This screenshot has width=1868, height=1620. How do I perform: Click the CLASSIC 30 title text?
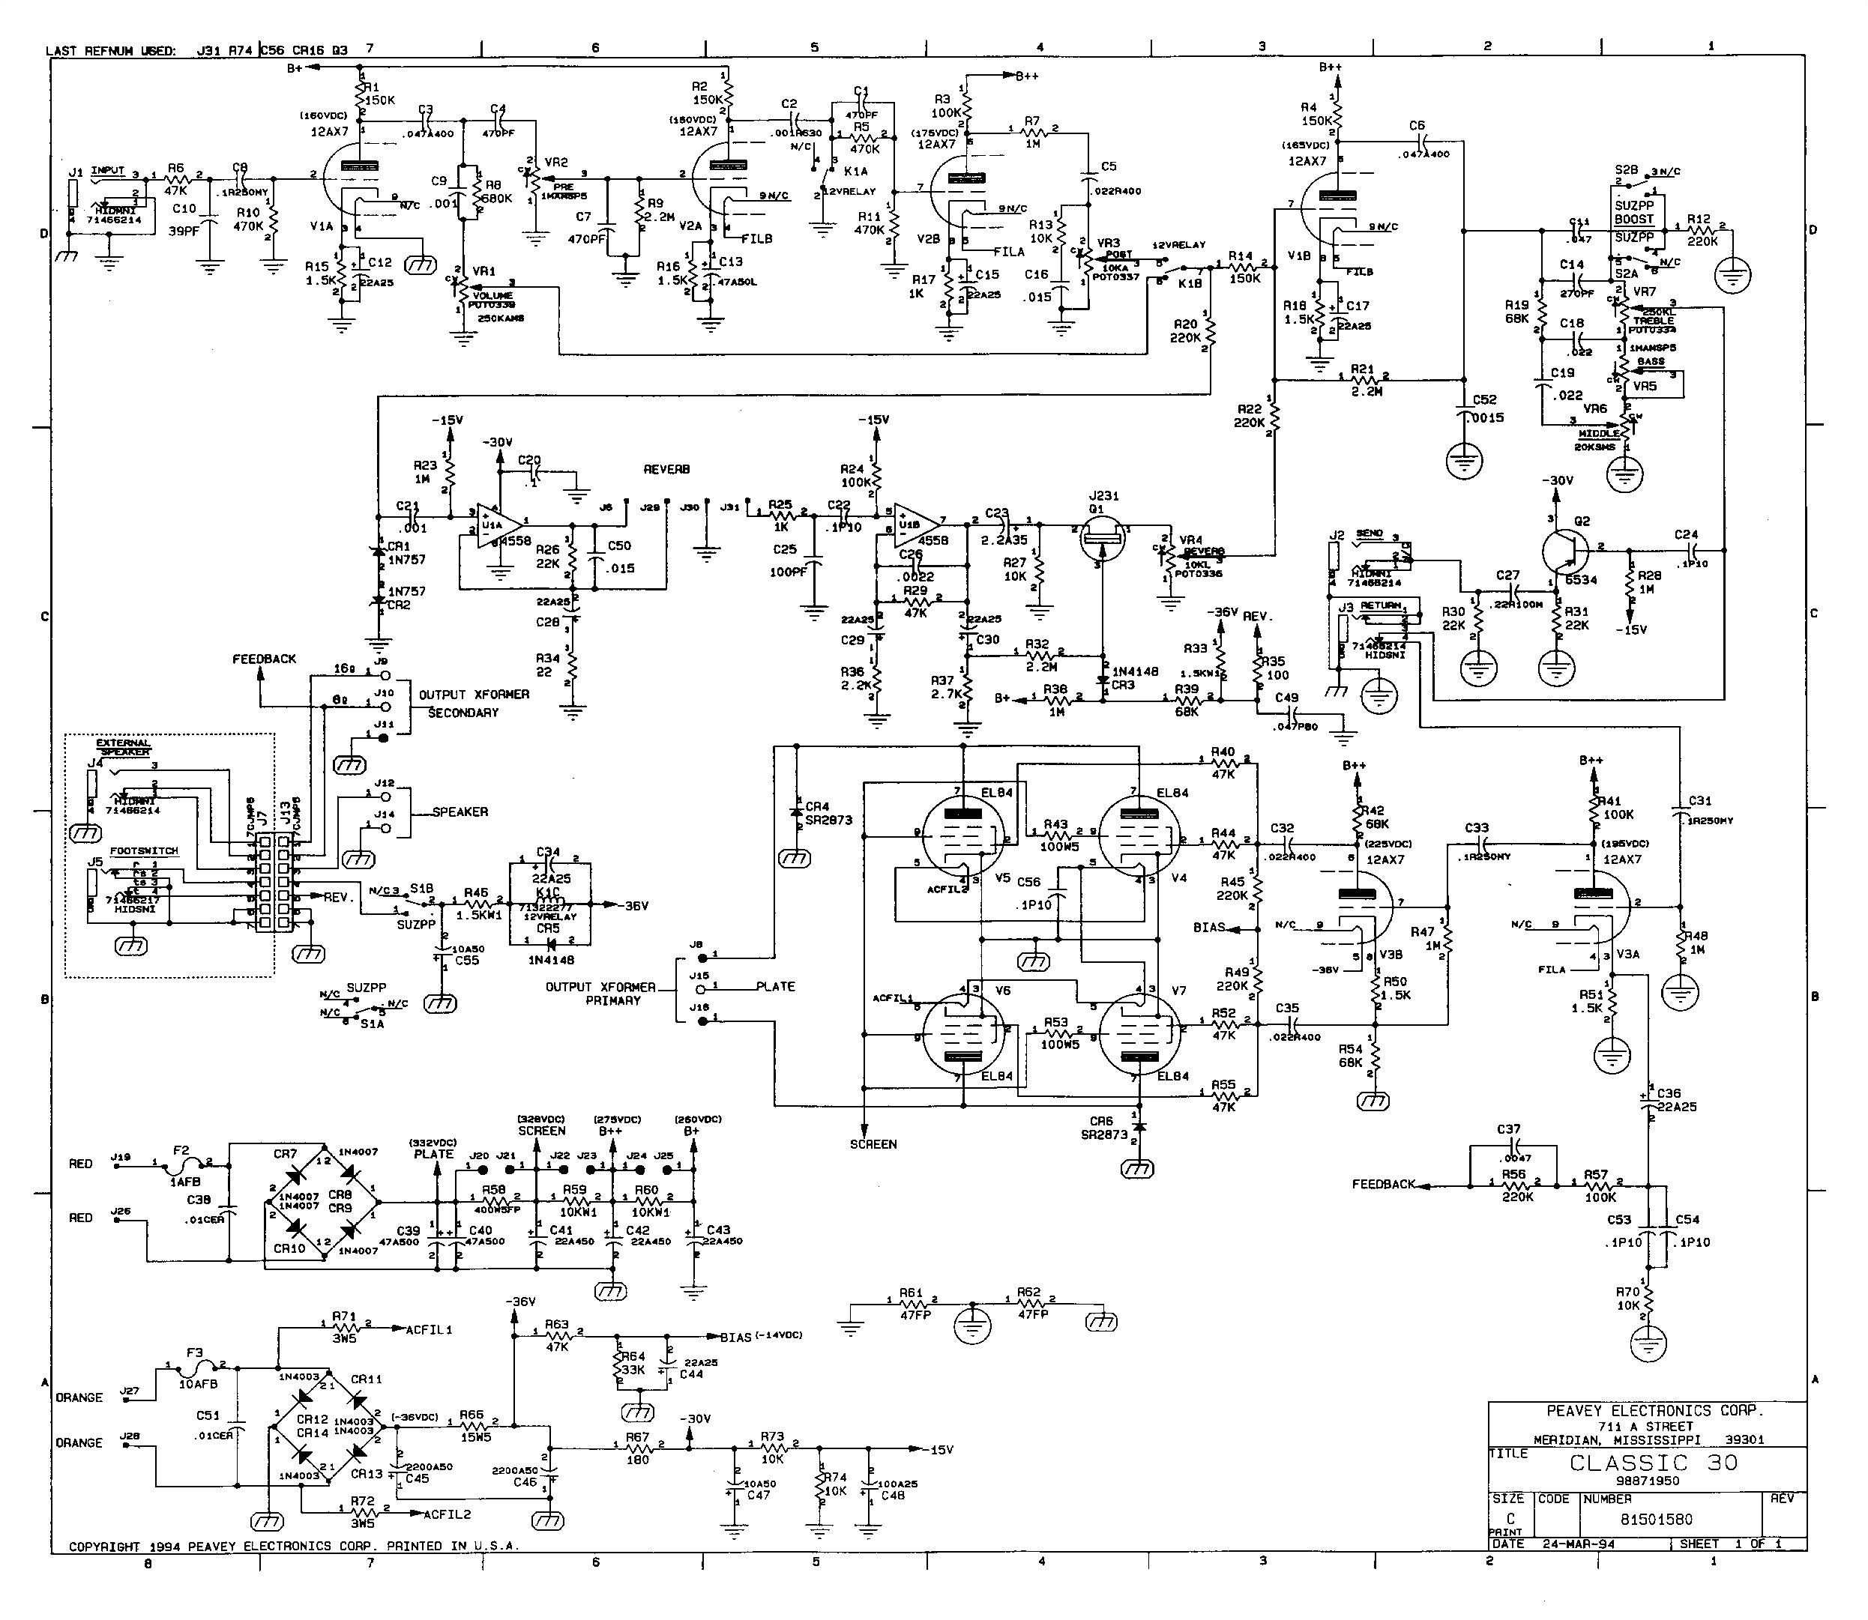pyautogui.click(x=1653, y=1463)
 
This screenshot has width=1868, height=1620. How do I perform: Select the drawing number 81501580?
pyautogui.click(x=1656, y=1520)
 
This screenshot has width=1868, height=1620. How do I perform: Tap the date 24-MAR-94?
pyautogui.click(x=1579, y=1544)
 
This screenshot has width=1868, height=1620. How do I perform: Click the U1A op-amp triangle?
pyautogui.click(x=500, y=525)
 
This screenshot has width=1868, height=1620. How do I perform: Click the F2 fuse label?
pyautogui.click(x=181, y=1151)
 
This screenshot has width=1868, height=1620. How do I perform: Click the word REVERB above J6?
pyautogui.click(x=666, y=469)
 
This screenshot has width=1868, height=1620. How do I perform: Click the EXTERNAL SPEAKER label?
pyautogui.click(x=124, y=747)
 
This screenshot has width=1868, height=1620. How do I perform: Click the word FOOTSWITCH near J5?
pyautogui.click(x=144, y=850)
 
